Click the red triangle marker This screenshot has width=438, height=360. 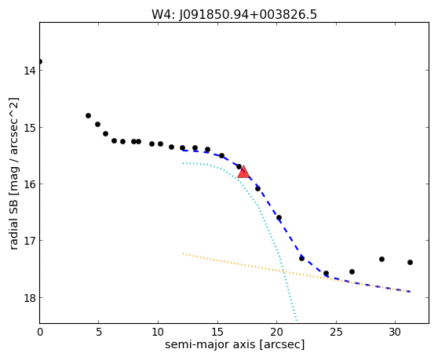[x=243, y=173]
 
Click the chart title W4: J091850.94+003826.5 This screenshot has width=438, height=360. [x=234, y=15]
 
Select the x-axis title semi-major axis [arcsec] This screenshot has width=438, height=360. [x=235, y=344]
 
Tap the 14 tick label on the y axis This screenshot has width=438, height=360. [x=30, y=71]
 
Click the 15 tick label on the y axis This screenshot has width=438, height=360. [x=30, y=128]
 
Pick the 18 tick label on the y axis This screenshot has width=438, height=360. [x=30, y=298]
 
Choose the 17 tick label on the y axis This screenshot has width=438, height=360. [x=30, y=241]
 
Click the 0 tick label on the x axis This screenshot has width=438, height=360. [x=40, y=333]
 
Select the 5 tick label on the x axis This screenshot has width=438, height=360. [x=99, y=333]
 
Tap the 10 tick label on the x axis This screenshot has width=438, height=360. [x=158, y=333]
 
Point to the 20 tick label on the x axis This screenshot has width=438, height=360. [x=276, y=333]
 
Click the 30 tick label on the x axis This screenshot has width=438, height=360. [x=395, y=333]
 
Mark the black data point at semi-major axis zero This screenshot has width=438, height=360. [x=40, y=61]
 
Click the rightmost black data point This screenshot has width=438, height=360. [x=410, y=262]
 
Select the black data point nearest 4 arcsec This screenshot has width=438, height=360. [x=88, y=115]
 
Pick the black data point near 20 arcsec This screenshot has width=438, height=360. [x=279, y=218]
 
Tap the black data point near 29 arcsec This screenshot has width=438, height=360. [x=381, y=260]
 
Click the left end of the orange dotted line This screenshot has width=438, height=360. [x=183, y=253]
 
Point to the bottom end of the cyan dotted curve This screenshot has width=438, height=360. [x=297, y=320]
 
